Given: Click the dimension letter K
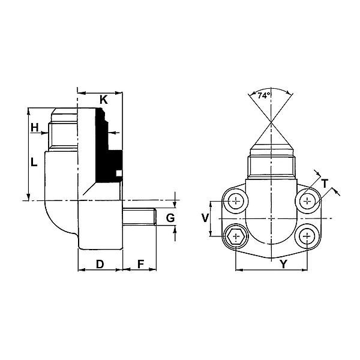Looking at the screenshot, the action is [104, 100].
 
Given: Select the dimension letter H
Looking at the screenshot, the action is [35, 127].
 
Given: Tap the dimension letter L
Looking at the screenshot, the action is [34, 162].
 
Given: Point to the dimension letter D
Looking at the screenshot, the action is [100, 264].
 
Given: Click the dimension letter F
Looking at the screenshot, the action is [140, 264].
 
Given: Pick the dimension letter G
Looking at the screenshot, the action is [170, 218].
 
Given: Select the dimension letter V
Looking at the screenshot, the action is [205, 218].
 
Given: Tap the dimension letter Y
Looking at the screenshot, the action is [284, 264].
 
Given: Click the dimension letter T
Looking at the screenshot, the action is [325, 184].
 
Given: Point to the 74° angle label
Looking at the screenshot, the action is [263, 95].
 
